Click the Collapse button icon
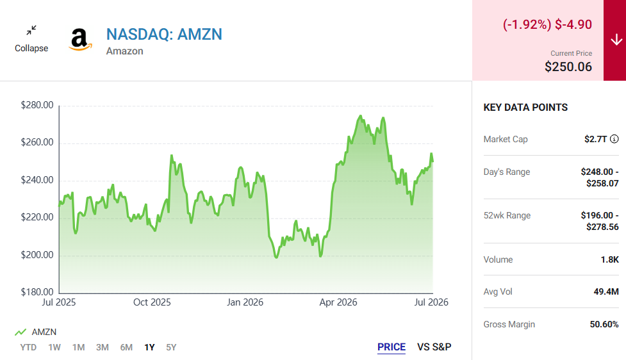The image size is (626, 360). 31,30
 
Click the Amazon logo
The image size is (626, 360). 80,40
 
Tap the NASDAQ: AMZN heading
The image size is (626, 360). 164,35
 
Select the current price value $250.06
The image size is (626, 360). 568,67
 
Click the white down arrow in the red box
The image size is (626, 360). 616,40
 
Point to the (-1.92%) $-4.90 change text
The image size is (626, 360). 547,24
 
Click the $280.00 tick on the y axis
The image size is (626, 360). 37,105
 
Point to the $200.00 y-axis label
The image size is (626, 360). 37,255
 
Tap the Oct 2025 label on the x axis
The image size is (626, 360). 152,302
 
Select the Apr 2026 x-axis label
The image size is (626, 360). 338,302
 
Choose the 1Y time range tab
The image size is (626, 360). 149,347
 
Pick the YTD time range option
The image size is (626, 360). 28,347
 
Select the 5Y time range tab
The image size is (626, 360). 171,347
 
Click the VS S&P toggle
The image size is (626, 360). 434,347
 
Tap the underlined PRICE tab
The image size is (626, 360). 391,347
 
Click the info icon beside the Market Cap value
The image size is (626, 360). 614,139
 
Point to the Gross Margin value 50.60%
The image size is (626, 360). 604,324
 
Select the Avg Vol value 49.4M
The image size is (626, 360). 606,291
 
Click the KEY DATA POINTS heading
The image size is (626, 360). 525,108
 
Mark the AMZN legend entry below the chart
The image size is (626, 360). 35,332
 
